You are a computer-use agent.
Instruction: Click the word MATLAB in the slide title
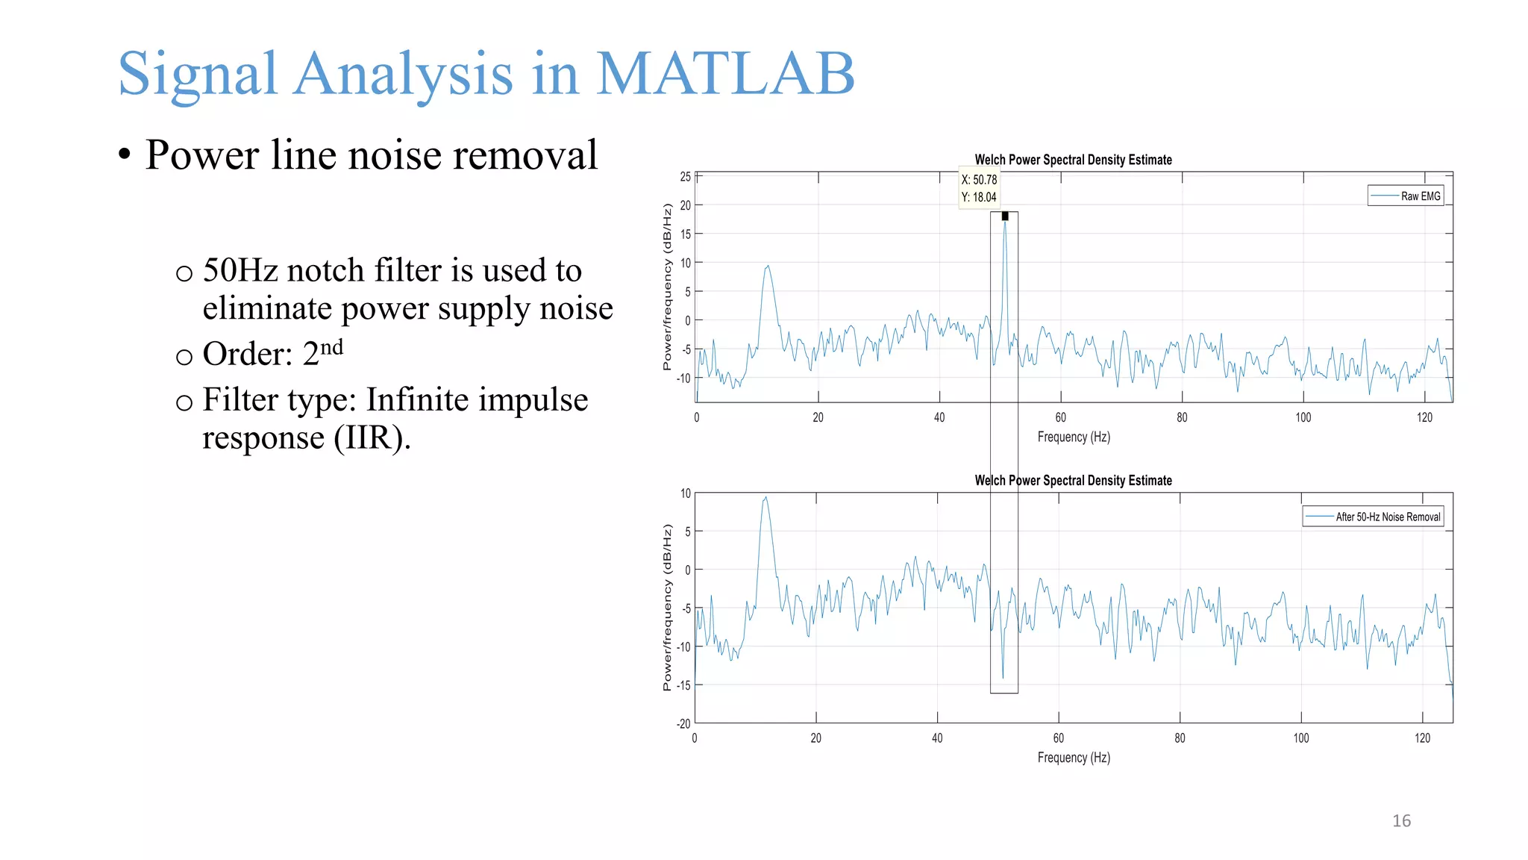point(725,74)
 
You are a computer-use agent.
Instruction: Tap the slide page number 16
point(1401,821)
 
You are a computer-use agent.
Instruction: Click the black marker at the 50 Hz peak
point(1005,216)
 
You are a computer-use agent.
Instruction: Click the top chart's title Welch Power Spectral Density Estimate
point(1073,160)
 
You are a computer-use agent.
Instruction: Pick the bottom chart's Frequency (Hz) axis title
point(1073,758)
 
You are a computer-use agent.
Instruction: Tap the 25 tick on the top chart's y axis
point(685,177)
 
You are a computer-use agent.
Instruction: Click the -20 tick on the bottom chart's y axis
point(683,723)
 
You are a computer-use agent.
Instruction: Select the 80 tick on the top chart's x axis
point(1182,417)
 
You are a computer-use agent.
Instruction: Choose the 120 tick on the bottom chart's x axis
point(1422,738)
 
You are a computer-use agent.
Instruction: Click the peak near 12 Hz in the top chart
point(767,267)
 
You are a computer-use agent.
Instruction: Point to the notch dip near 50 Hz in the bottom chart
point(1003,676)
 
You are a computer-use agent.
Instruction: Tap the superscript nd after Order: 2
point(331,347)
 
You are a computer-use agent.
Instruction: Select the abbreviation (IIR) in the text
point(372,437)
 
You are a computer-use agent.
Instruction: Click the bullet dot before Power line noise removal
point(125,155)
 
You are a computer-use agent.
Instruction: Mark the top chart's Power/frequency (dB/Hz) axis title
point(667,287)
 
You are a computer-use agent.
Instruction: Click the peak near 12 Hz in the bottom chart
point(765,498)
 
